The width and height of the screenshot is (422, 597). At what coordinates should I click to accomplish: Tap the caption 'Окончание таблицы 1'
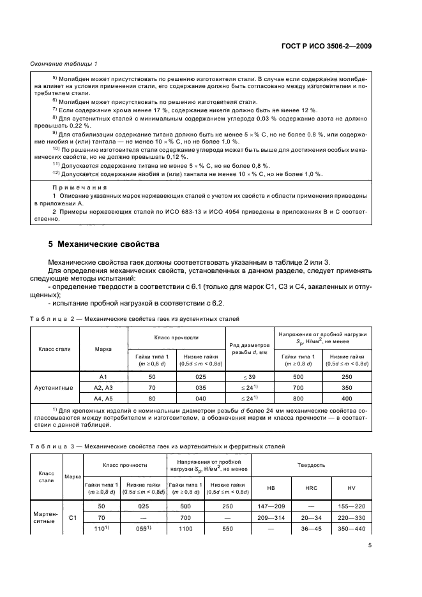click(x=64, y=64)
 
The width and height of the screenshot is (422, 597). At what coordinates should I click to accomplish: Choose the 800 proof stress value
click(x=301, y=397)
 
